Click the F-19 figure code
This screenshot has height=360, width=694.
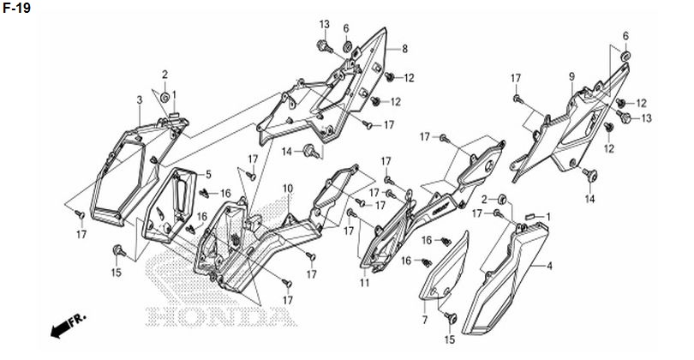tap(16, 8)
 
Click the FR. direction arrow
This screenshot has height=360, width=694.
tap(68, 326)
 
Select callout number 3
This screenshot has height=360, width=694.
tap(140, 100)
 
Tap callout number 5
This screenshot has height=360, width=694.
tap(208, 175)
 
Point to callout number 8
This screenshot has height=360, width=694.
tap(404, 49)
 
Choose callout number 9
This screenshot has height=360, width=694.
tap(571, 76)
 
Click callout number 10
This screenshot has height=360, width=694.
tap(288, 189)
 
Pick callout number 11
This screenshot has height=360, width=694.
tap(364, 283)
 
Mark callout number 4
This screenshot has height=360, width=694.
tap(549, 266)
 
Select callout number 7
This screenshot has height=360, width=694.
tap(424, 320)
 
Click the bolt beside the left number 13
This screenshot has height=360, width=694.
tap(324, 45)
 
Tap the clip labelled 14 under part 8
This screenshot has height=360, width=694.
tap(312, 151)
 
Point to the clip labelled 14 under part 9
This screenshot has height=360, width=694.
tap(590, 176)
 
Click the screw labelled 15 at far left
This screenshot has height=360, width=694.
tap(118, 251)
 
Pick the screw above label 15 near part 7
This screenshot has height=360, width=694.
tap(451, 317)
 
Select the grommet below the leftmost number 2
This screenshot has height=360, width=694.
tap(165, 98)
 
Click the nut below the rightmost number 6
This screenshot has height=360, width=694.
tap(625, 57)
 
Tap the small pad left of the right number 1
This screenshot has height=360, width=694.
tap(530, 217)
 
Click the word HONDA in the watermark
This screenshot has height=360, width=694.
tap(220, 315)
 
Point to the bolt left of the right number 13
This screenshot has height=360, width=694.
tap(625, 117)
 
